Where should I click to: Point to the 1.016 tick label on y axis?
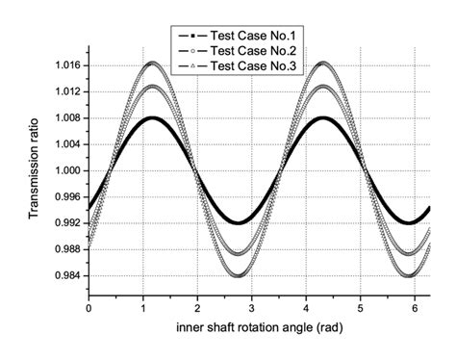click(x=68, y=65)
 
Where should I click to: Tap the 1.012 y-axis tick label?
click(x=68, y=91)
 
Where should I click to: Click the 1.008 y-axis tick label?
click(x=68, y=118)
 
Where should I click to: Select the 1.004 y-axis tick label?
click(x=68, y=144)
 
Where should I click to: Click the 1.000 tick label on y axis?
click(x=68, y=170)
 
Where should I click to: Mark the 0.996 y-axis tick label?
click(x=68, y=197)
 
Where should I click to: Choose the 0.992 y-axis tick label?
click(x=68, y=223)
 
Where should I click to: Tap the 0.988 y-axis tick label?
click(x=68, y=249)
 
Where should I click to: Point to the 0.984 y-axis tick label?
click(x=68, y=276)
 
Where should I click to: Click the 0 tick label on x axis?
click(x=89, y=308)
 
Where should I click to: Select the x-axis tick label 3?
click(x=253, y=308)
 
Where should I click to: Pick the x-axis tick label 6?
click(x=417, y=308)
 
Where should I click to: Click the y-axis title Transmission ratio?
click(x=35, y=170)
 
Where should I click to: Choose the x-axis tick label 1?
click(x=143, y=308)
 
